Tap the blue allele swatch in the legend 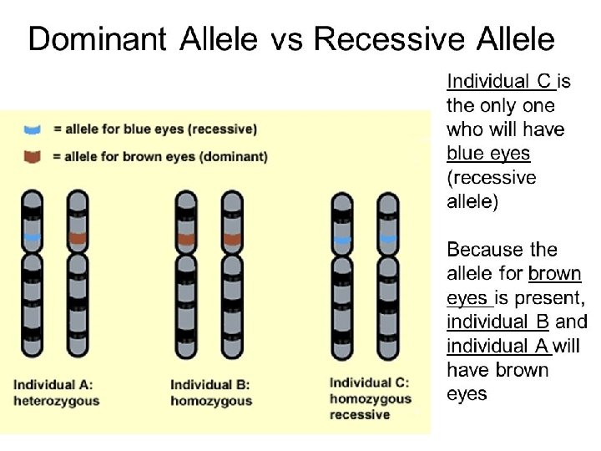33,129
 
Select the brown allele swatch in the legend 33,155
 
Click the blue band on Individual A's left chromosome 33,239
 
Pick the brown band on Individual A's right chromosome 78,239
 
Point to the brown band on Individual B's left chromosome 187,239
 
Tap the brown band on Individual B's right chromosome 231,239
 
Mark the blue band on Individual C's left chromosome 341,240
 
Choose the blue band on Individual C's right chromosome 386,240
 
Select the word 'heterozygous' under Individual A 56,400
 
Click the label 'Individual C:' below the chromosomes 368,383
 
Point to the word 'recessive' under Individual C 360,414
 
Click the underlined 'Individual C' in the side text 500,82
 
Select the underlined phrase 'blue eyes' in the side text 488,154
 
